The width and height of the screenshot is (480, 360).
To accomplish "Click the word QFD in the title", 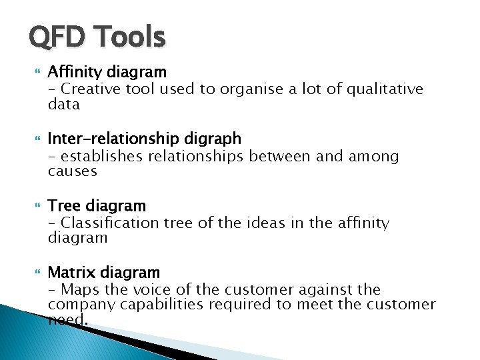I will tap(56, 37).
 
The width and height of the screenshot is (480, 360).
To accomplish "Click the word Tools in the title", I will tap(127, 37).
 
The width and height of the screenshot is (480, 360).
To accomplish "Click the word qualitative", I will tap(385, 89).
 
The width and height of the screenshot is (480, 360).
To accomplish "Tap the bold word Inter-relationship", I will tap(103, 139).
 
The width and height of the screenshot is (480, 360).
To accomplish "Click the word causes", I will tap(72, 171).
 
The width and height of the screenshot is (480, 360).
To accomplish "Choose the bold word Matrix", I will tap(70, 273).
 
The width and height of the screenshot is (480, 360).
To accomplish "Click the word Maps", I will tap(78, 290).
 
